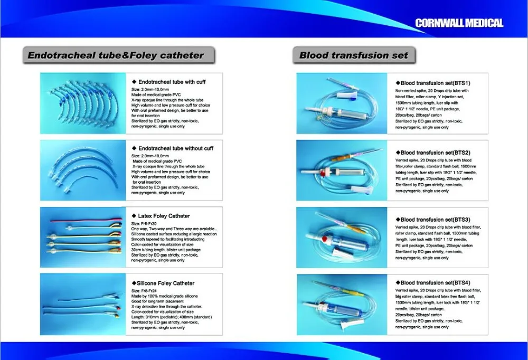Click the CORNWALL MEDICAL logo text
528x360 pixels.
click(x=459, y=23)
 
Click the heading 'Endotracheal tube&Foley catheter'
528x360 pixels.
click(x=116, y=55)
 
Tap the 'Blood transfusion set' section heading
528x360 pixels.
click(x=354, y=55)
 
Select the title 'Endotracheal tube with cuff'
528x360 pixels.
click(x=172, y=82)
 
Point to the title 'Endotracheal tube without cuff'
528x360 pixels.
click(x=176, y=148)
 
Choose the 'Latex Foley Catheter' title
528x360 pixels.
click(x=164, y=216)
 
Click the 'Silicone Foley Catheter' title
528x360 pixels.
click(x=165, y=283)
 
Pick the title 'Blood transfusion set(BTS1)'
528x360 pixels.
click(x=436, y=83)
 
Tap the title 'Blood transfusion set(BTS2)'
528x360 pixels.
click(x=436, y=153)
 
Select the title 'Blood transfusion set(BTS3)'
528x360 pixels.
click(x=436, y=220)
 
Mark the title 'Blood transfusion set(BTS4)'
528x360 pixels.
click(x=436, y=282)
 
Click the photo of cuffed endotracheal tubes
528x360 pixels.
click(x=83, y=103)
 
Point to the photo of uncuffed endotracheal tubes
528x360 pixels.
click(x=83, y=170)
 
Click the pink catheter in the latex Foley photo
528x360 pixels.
click(x=86, y=221)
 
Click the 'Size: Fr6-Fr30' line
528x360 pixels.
click(x=144, y=224)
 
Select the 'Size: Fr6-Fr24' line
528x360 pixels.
click(x=144, y=291)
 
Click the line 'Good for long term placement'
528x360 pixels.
click(x=157, y=301)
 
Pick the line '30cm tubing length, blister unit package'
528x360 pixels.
click(x=166, y=250)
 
